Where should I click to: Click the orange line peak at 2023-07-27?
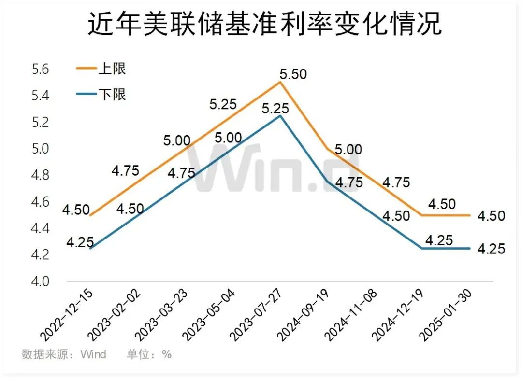(x=280, y=82)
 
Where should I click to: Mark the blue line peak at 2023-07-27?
(x=280, y=115)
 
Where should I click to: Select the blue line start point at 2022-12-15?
(x=90, y=248)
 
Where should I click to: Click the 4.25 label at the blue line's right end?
(x=491, y=249)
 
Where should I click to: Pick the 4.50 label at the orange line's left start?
(x=76, y=210)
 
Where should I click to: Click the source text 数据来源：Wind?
(x=64, y=354)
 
